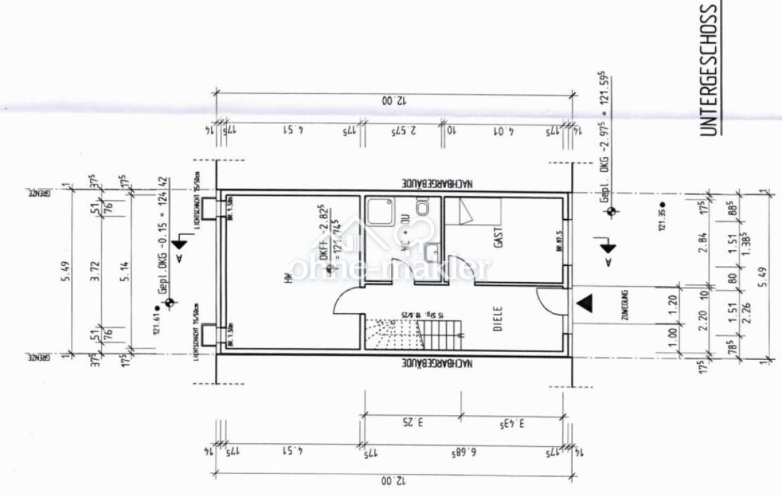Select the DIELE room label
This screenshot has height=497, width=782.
pyautogui.click(x=498, y=319)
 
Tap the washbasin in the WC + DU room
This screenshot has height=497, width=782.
pyautogui.click(x=432, y=251)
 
